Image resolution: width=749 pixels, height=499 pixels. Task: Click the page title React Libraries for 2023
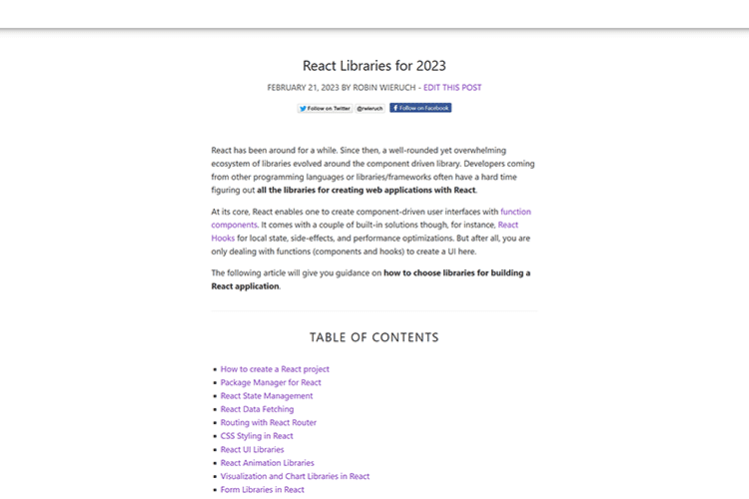pos(374,66)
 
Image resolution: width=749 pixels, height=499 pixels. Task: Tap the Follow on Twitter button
pos(325,108)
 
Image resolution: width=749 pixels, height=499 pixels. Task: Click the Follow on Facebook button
pos(420,108)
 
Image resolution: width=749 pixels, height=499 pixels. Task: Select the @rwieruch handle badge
pos(371,108)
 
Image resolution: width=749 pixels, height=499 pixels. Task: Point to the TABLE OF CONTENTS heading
pos(374,337)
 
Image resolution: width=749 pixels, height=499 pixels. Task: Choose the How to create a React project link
pos(275,369)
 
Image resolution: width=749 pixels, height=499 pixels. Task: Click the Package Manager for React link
pos(271,382)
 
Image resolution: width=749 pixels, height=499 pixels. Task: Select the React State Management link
pos(267,396)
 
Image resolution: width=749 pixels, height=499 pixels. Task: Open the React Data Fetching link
pos(257,409)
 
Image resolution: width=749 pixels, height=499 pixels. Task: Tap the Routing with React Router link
pos(269,423)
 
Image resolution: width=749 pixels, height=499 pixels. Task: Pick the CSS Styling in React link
pos(257,436)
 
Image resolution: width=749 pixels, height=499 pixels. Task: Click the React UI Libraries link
pos(252,450)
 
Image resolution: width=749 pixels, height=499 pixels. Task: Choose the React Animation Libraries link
pos(267,463)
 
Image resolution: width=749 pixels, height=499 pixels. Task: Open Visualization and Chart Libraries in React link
pos(295,477)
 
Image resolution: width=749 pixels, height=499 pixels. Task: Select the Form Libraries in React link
pos(263,490)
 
